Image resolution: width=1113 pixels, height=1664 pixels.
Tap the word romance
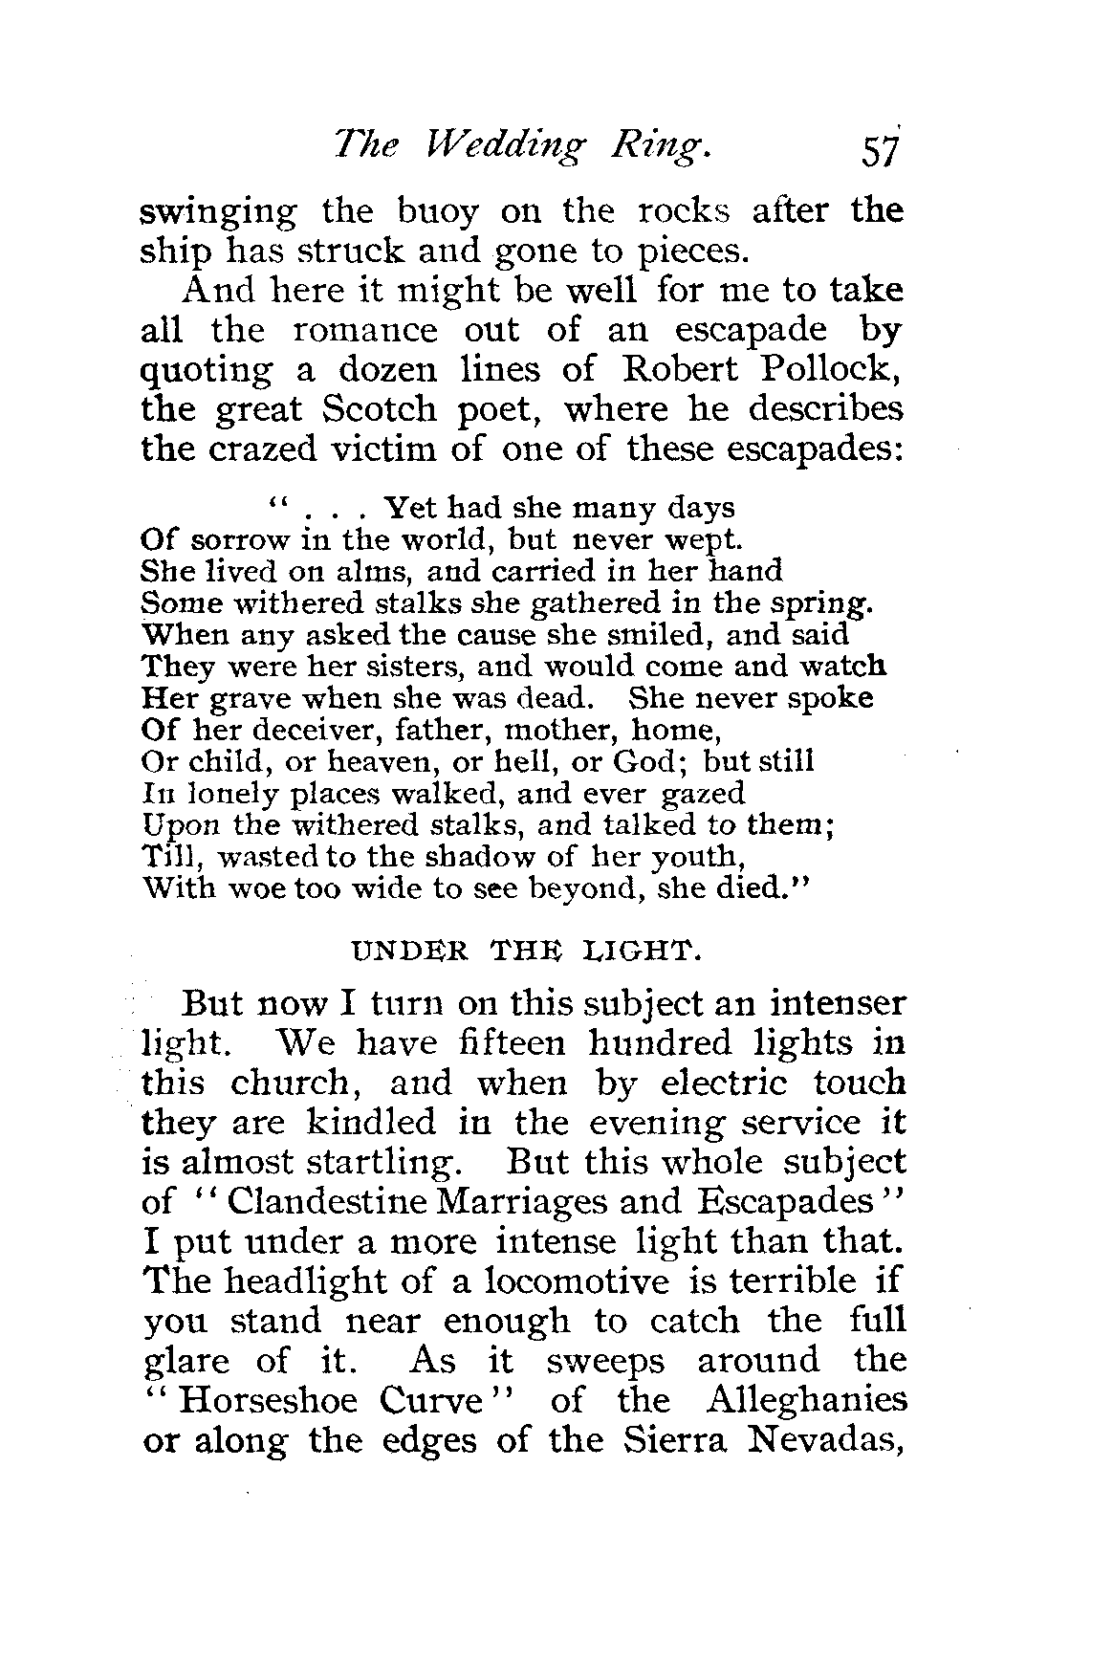(364, 330)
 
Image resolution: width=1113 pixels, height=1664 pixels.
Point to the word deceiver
(297, 731)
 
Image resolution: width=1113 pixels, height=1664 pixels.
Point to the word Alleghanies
(805, 1401)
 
